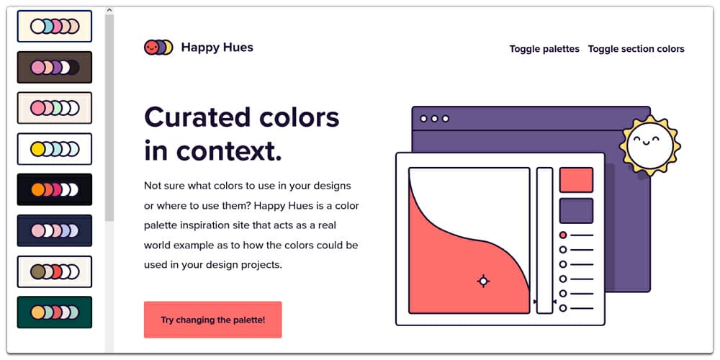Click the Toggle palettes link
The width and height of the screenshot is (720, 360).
click(544, 49)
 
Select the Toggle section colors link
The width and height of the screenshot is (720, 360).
click(636, 49)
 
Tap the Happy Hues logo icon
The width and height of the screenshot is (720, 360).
click(158, 48)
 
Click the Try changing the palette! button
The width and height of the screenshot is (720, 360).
click(212, 320)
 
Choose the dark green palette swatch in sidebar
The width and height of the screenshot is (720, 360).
click(55, 312)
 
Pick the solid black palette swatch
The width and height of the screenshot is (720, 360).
click(55, 189)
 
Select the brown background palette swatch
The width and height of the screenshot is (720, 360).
click(55, 67)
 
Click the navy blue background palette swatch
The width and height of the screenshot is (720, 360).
click(55, 230)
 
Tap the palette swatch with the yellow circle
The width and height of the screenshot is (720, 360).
click(55, 149)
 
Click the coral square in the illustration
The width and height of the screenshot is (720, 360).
click(576, 180)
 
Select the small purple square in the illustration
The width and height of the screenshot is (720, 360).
click(576, 211)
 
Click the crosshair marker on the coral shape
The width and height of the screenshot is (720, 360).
click(483, 281)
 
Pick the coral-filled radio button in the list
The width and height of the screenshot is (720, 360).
click(563, 235)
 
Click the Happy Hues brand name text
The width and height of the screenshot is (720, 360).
click(217, 48)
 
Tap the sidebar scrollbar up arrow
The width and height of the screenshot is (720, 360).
click(109, 10)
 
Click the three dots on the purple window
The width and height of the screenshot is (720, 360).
click(434, 118)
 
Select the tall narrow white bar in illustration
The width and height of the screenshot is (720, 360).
click(544, 240)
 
